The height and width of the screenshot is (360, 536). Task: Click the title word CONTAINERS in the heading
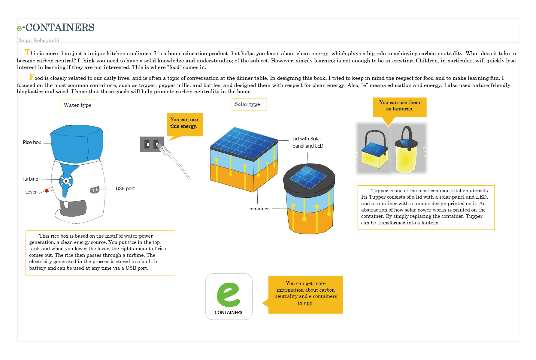[60, 27]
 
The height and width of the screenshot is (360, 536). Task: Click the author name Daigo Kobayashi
[38, 40]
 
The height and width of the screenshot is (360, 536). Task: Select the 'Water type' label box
[78, 106]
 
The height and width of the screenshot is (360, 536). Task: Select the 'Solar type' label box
[249, 104]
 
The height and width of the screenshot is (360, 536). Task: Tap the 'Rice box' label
[32, 142]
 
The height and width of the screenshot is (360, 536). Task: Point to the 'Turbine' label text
[30, 179]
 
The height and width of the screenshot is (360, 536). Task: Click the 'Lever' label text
[31, 192]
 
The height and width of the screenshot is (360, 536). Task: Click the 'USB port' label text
[125, 188]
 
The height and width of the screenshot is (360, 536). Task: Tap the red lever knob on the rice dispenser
[47, 190]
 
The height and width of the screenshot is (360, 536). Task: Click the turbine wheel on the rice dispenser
[66, 181]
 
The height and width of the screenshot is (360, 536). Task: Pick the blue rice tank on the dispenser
[77, 142]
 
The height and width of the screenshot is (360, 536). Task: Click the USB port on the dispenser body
[95, 190]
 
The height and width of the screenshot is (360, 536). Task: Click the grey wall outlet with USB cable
[152, 144]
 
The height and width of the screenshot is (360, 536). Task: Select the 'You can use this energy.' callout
[185, 124]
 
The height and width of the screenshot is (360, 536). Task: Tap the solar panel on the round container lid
[308, 177]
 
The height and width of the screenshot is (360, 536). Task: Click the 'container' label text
[259, 208]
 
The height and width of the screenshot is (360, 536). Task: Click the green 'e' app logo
[229, 295]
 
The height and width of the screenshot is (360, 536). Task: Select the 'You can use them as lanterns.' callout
[400, 107]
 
